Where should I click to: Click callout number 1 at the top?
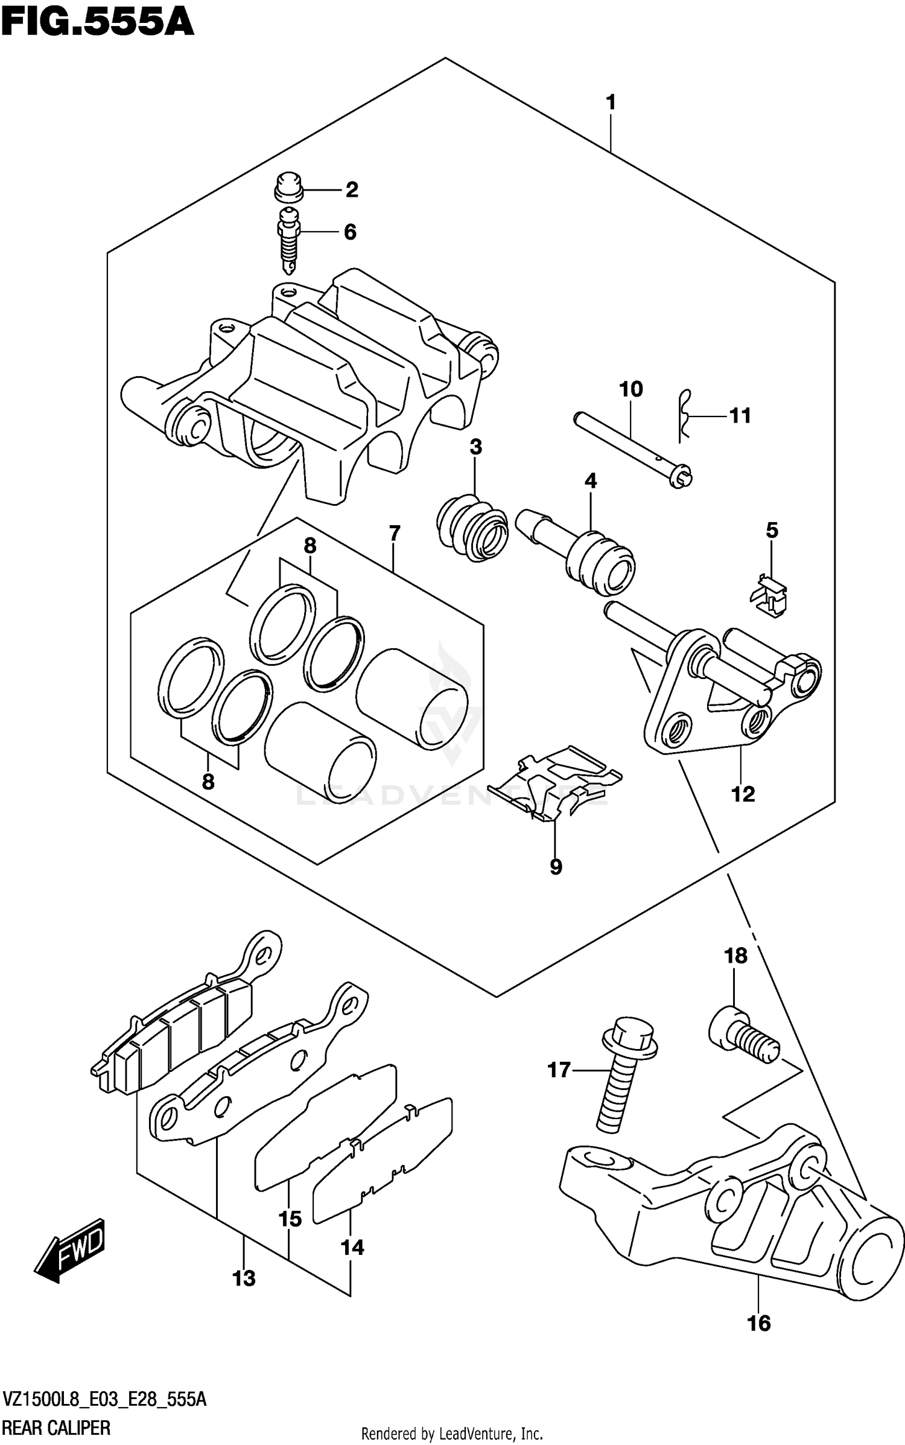click(x=611, y=103)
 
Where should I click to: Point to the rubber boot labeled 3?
click(x=472, y=528)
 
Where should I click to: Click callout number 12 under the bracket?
click(x=743, y=794)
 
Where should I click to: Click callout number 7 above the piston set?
click(x=394, y=534)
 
